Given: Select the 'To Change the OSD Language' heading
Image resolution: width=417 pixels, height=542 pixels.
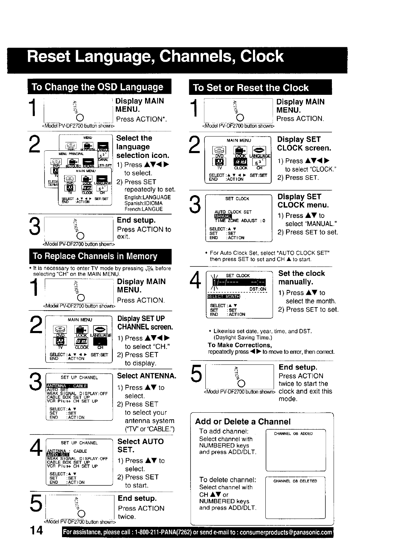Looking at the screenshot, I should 98,87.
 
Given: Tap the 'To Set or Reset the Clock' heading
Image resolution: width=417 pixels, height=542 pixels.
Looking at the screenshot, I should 251,88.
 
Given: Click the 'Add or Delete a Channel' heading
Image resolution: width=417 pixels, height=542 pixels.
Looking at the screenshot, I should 243,421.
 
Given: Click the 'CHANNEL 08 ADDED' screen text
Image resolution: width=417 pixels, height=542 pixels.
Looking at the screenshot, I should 293,434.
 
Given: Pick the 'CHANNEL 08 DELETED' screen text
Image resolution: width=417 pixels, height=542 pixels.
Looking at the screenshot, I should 295,481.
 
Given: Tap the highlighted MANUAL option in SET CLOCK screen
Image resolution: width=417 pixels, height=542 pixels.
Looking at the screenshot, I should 223,217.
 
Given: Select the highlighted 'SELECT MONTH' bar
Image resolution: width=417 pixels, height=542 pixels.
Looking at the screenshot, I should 223,297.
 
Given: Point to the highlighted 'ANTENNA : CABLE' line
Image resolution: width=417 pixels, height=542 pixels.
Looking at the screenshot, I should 67,385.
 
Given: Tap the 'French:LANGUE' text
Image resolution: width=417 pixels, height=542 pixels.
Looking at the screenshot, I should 144,209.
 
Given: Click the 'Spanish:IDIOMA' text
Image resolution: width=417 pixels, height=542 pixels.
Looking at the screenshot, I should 143,203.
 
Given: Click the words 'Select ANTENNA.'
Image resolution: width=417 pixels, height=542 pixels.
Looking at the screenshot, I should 147,375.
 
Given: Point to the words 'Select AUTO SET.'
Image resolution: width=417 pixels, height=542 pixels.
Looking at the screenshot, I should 141,445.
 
